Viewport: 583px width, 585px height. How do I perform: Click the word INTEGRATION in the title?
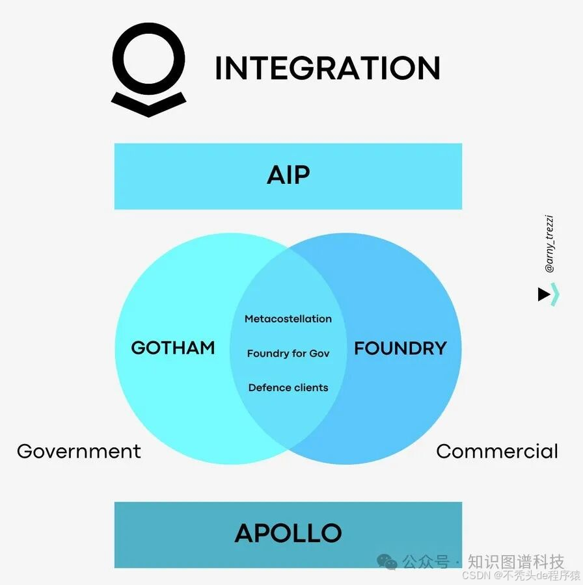click(x=327, y=68)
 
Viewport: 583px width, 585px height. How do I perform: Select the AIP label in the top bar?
click(x=288, y=175)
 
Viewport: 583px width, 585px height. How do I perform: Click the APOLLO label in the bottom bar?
click(x=288, y=533)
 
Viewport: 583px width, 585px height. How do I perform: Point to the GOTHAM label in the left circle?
click(x=173, y=348)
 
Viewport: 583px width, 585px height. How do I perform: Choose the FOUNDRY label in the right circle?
click(x=400, y=348)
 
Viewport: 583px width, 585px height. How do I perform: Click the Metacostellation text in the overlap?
click(x=288, y=318)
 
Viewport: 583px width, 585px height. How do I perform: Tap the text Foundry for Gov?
click(x=288, y=354)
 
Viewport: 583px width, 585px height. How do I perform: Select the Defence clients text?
click(x=288, y=388)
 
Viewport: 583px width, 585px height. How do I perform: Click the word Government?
click(x=79, y=451)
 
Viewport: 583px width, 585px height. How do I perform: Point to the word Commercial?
click(x=497, y=451)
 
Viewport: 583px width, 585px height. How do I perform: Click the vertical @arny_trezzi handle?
click(x=550, y=244)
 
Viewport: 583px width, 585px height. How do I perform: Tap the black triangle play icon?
click(x=544, y=294)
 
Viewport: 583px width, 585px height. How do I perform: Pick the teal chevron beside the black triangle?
click(x=555, y=294)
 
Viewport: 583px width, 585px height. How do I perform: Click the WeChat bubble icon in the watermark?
click(x=388, y=562)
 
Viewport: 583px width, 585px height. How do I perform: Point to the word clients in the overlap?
click(x=310, y=388)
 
